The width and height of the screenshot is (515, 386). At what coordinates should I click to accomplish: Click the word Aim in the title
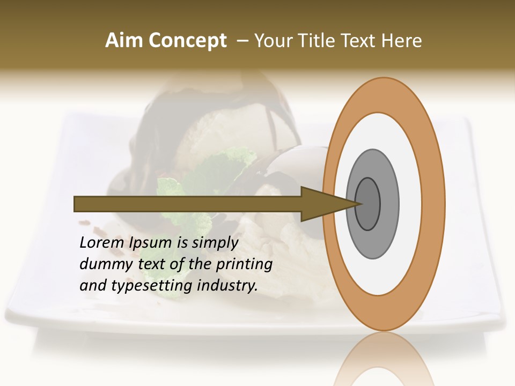pyautogui.click(x=124, y=41)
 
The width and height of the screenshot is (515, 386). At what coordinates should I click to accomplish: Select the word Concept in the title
pyautogui.click(x=187, y=41)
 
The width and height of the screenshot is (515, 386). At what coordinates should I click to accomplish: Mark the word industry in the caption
pyautogui.click(x=227, y=286)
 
